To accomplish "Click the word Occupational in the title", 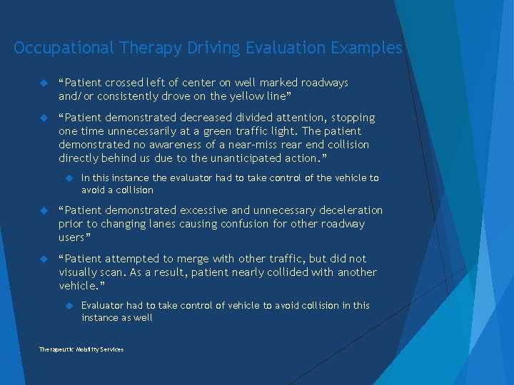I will pos(64,48).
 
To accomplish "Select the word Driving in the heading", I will pos(213,48).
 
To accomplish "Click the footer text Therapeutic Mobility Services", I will pos(81,349).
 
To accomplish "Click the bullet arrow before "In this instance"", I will pos(70,178).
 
